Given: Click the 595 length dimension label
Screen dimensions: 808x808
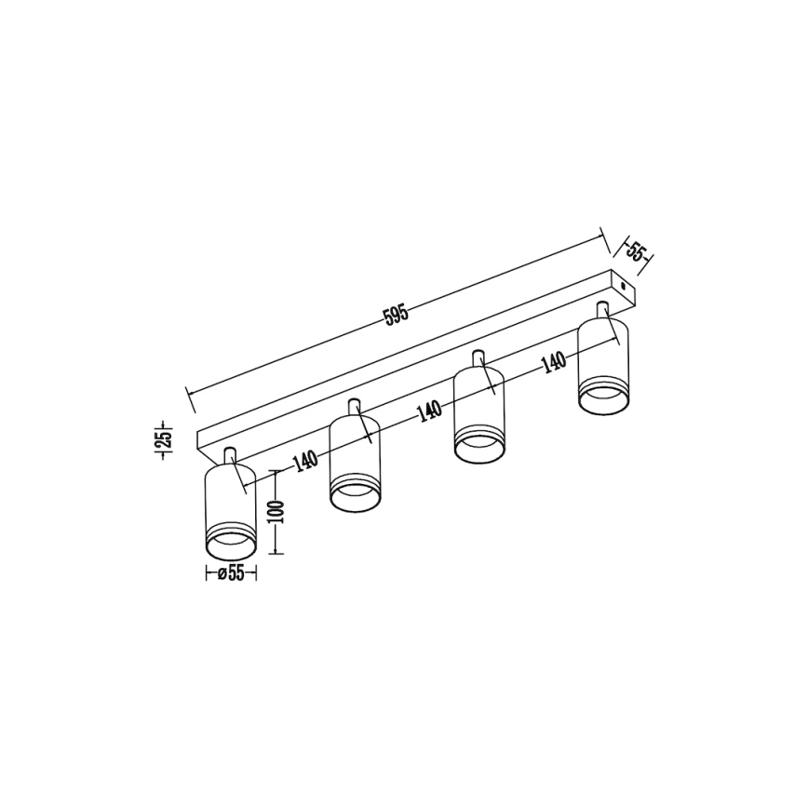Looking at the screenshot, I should coord(397,315).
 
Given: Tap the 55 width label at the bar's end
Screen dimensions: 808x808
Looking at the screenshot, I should coord(636,253).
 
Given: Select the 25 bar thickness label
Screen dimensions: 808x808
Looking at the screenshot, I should coord(163,439).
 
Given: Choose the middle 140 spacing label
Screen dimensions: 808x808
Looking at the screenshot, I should coord(429,411).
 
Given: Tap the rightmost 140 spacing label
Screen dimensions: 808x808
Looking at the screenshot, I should coord(553,362).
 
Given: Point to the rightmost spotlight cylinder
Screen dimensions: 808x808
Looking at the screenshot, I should coord(602,363).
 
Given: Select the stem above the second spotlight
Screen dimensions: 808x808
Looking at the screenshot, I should coord(354,408).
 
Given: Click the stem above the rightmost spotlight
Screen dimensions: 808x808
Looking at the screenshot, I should coord(602,311).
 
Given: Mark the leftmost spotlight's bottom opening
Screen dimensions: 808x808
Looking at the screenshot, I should coord(229,545).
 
